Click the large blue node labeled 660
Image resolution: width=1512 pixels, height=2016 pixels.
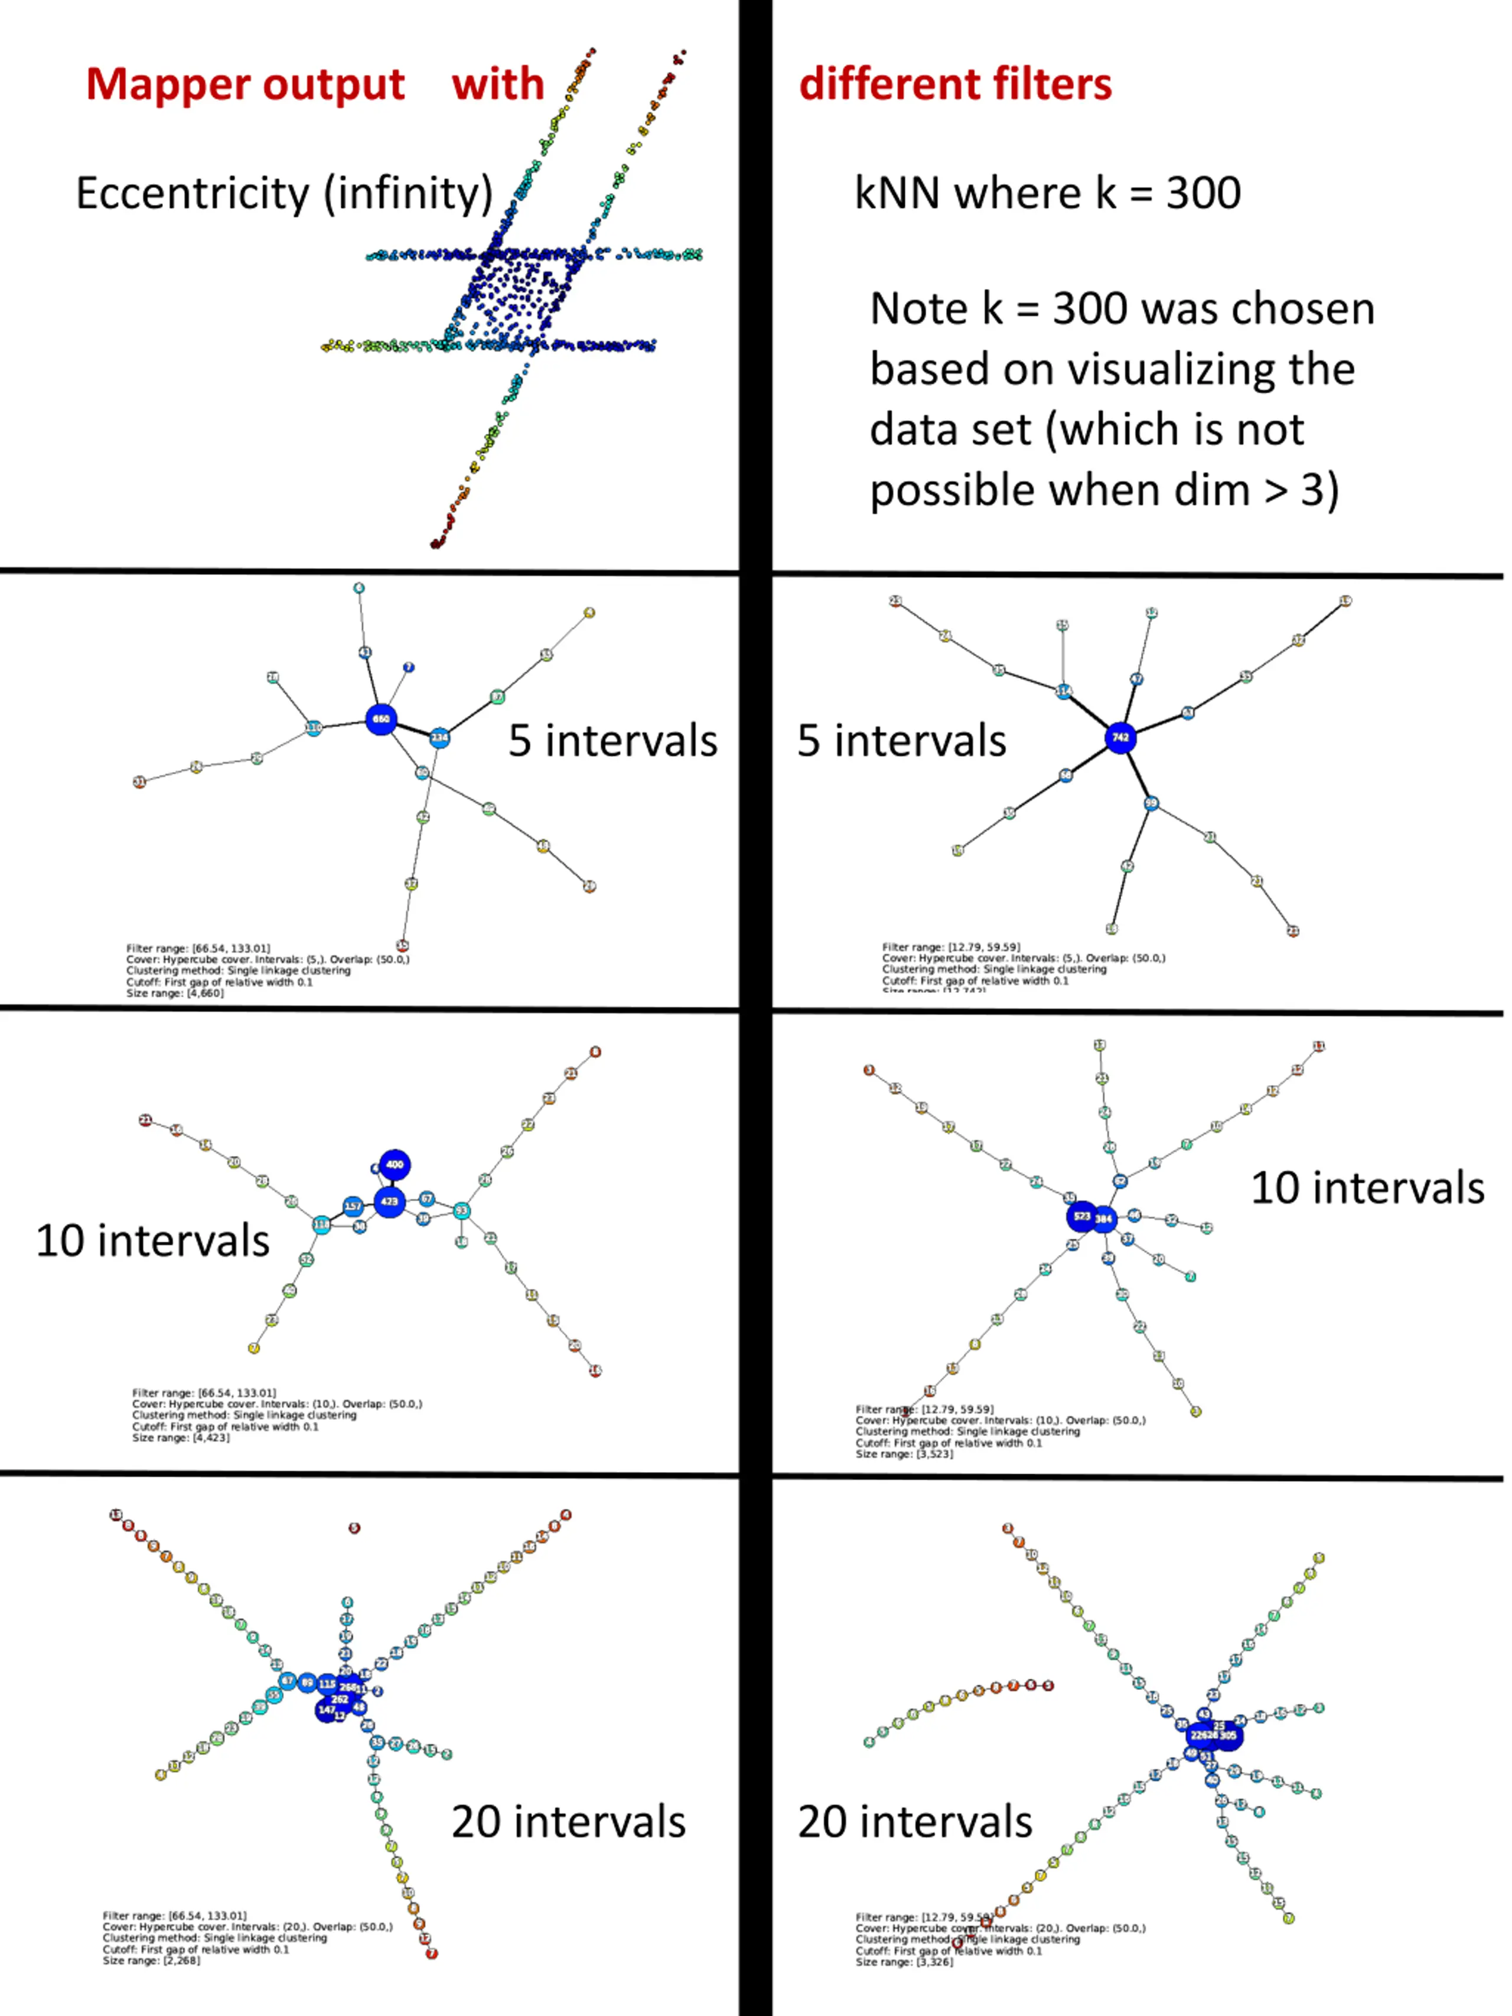coord(381,719)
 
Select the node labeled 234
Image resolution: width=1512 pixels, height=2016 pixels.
coord(439,737)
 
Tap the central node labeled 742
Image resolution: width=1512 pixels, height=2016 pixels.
coord(1120,737)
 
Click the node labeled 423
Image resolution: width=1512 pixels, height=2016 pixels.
coord(389,1201)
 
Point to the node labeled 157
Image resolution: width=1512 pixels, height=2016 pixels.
coord(353,1206)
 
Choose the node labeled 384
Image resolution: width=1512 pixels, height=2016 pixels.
coord(1104,1219)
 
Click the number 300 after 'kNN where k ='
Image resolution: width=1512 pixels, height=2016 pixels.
coord(1203,193)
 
